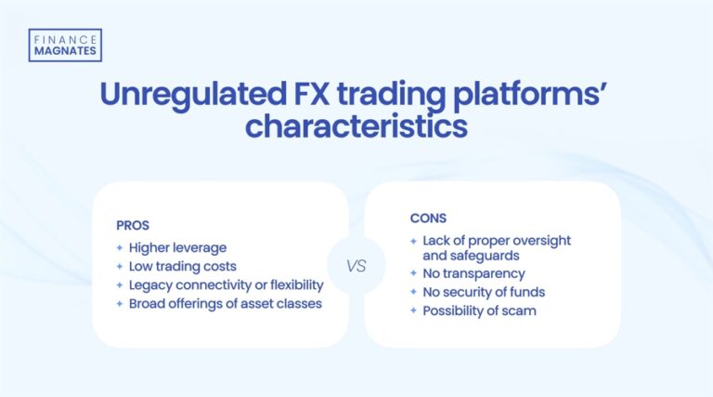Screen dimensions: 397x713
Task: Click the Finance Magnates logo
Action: pos(65,45)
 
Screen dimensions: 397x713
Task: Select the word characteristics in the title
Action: pos(356,126)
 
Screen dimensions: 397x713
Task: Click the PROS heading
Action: pos(133,225)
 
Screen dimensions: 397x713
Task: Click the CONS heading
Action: pos(428,218)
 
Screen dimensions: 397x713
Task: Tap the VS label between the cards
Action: pos(356,266)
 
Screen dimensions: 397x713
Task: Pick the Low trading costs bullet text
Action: pos(183,266)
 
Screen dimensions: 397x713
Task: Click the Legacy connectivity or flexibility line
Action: pos(226,285)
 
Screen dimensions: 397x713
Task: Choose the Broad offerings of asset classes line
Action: pos(225,304)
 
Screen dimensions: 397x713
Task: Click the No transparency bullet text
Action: pos(473,274)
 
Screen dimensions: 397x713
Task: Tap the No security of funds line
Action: pos(484,293)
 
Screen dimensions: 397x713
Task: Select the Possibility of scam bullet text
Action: pos(480,311)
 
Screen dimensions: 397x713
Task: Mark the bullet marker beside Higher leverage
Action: pos(120,247)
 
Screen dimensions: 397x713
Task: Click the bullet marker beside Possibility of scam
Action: pos(414,311)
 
